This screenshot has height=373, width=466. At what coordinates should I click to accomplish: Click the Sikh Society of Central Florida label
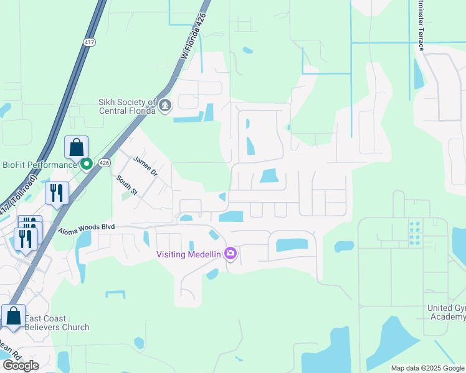(x=126, y=107)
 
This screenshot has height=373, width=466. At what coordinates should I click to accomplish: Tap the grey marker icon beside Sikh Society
(x=165, y=106)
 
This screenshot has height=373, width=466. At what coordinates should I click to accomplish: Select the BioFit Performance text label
(x=38, y=165)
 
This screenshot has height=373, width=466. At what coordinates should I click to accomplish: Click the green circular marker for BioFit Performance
(x=87, y=164)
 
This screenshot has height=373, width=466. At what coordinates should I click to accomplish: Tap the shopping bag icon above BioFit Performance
(x=76, y=149)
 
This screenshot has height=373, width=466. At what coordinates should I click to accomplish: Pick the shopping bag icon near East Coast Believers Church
(x=14, y=316)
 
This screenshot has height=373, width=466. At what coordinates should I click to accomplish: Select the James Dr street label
(x=145, y=166)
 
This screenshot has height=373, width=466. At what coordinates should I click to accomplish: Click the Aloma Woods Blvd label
(x=87, y=229)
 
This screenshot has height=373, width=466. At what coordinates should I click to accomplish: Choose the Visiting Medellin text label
(x=189, y=254)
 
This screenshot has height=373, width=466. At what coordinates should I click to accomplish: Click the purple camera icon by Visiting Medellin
(x=231, y=253)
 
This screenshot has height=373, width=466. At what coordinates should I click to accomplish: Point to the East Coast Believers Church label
(x=57, y=323)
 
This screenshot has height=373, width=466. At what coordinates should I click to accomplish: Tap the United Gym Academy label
(x=446, y=312)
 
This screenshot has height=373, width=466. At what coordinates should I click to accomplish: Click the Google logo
(x=21, y=365)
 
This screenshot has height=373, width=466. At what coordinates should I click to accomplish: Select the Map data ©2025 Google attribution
(x=427, y=368)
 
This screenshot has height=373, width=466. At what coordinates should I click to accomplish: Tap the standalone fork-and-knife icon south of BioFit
(x=57, y=193)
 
